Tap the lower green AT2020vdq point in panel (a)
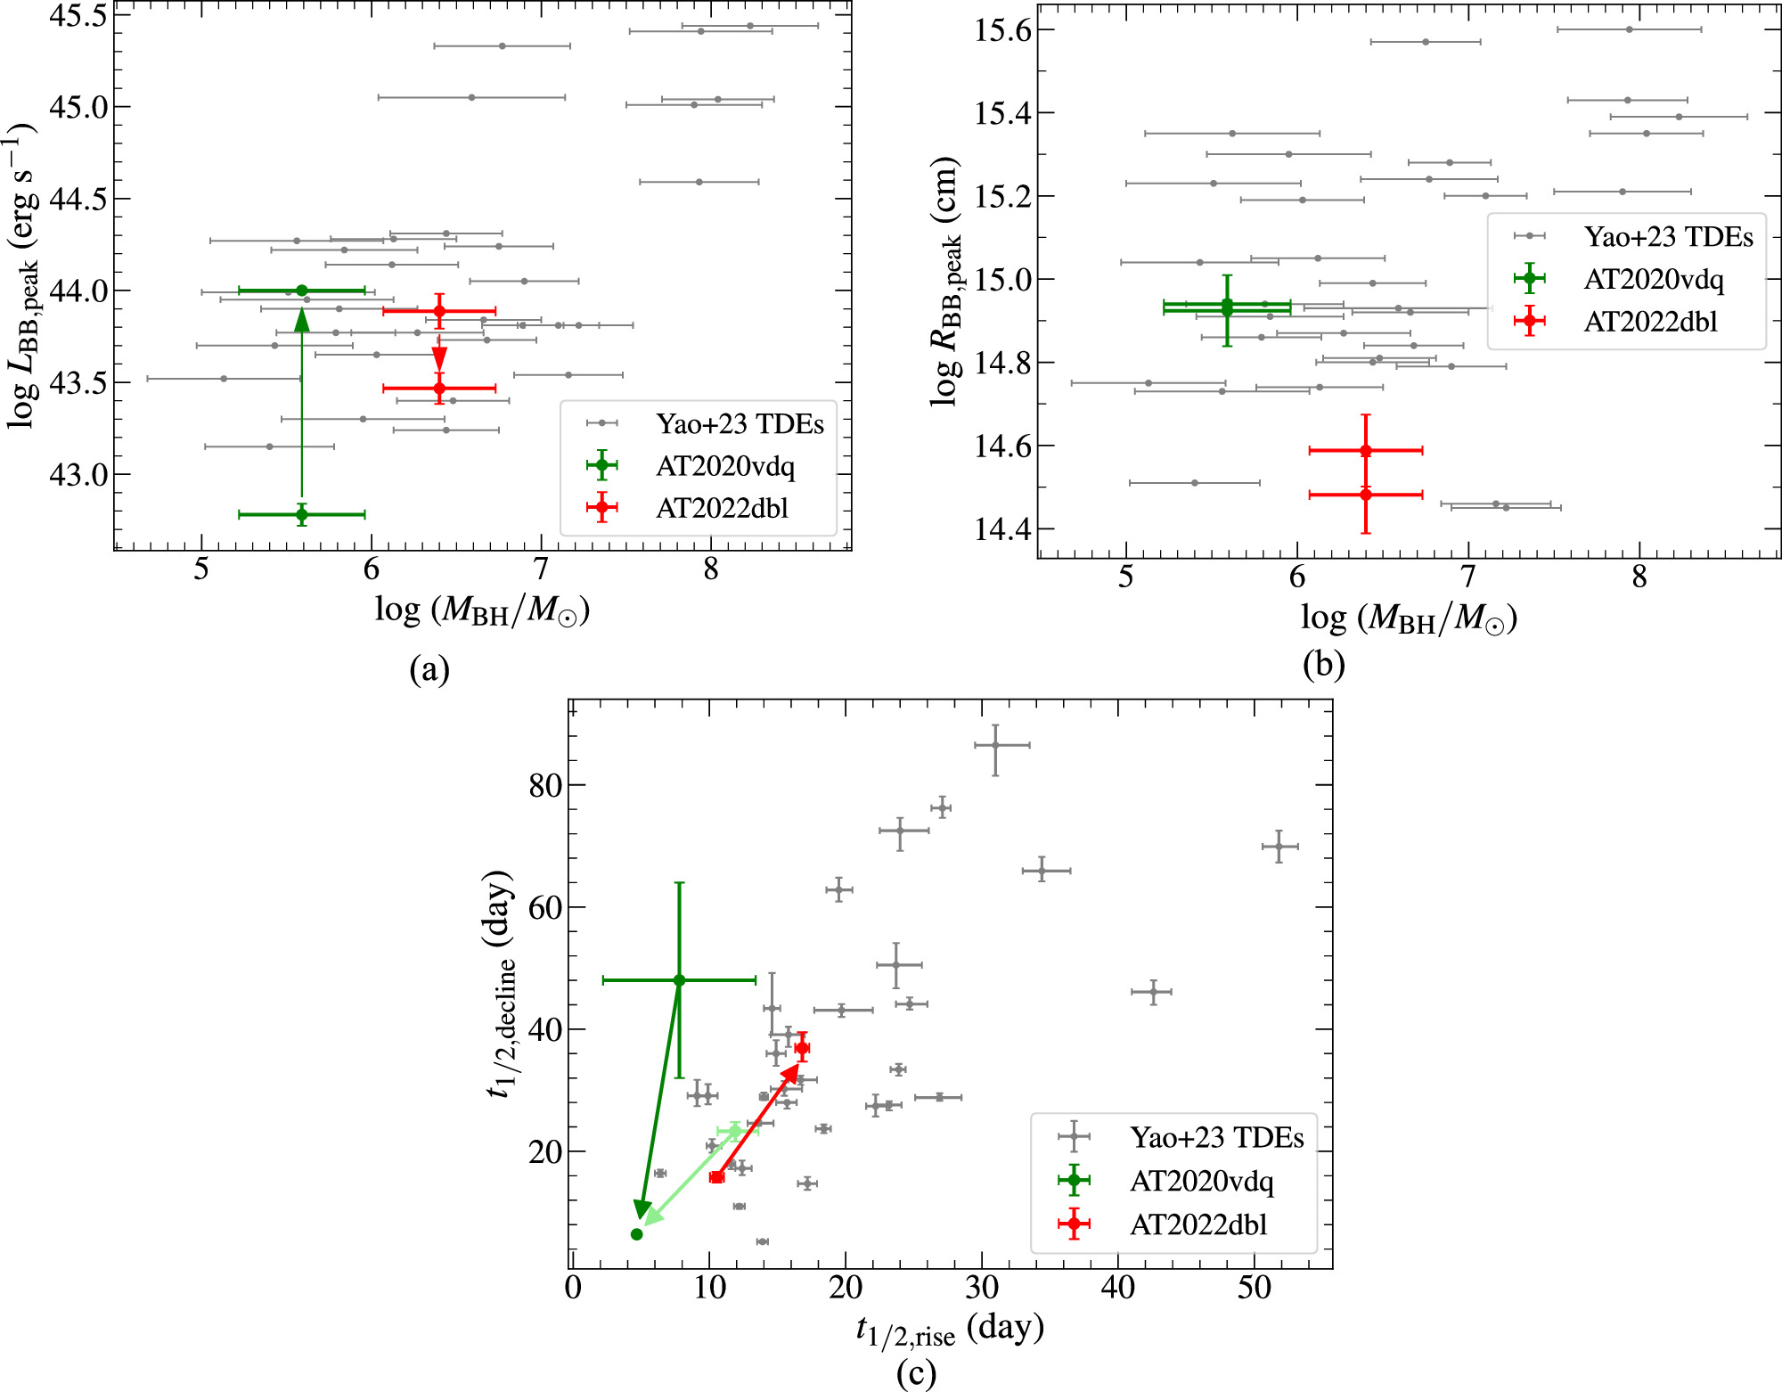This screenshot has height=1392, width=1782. [302, 515]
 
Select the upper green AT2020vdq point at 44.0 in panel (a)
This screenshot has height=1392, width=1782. [302, 291]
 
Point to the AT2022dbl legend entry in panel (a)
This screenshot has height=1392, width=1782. [722, 509]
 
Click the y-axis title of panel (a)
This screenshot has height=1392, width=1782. [21, 276]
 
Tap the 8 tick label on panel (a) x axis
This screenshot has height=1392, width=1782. [710, 570]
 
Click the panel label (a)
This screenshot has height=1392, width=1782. [429, 668]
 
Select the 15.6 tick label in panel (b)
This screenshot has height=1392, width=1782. [1002, 30]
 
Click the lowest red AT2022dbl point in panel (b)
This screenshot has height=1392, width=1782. [1366, 495]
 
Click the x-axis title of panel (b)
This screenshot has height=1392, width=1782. [1409, 618]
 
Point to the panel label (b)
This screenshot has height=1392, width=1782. [1323, 665]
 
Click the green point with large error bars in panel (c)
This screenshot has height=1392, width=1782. [680, 980]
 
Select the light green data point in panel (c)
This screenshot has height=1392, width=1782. [735, 1132]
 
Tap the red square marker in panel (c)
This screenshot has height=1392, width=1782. [717, 1177]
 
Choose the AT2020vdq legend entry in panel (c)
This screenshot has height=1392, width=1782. [1201, 1182]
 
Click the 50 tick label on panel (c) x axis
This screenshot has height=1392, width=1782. [1254, 1288]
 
